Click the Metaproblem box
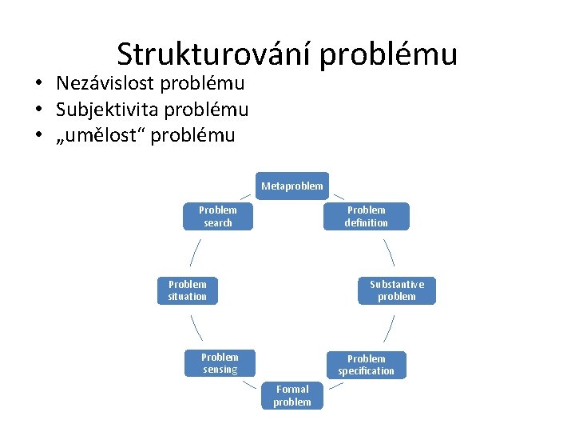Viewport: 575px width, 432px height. tap(292, 186)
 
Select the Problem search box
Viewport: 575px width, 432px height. tap(218, 216)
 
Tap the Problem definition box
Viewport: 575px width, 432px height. tap(366, 216)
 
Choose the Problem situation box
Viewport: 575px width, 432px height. tap(188, 290)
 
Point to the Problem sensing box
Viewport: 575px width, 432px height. tap(220, 363)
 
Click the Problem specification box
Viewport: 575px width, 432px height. tap(366, 365)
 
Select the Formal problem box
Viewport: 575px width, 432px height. tap(292, 395)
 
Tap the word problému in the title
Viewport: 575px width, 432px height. tap(389, 54)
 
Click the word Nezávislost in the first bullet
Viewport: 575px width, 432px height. tap(103, 83)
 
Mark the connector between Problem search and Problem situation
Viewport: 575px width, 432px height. tap(195, 251)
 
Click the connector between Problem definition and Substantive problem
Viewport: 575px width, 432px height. tap(389, 251)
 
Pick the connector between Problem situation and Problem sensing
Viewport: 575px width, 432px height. tap(196, 327)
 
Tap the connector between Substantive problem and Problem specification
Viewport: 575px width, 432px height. tap(389, 328)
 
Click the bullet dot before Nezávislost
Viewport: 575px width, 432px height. tap(38, 84)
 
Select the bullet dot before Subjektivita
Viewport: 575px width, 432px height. tap(38, 110)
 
